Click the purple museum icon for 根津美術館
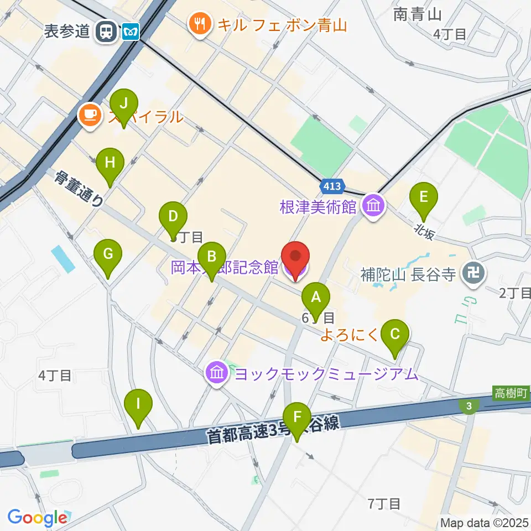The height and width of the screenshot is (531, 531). point(374,207)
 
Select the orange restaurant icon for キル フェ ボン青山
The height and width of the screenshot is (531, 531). point(199,23)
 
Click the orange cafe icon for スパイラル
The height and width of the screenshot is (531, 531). point(90,115)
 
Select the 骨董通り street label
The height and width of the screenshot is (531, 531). point(80,188)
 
